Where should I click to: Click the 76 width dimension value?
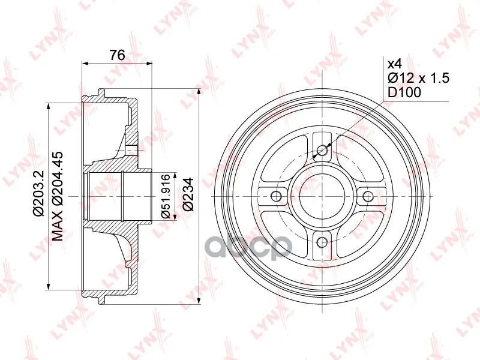[x=117, y=55]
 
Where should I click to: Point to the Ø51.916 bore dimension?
[x=166, y=196]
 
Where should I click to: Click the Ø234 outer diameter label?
[x=188, y=194]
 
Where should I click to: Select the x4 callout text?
[x=395, y=64]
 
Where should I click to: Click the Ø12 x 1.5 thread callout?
[x=418, y=79]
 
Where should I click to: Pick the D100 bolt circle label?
[x=404, y=92]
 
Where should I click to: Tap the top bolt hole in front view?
[x=322, y=150]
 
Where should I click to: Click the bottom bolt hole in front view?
[x=322, y=242]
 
